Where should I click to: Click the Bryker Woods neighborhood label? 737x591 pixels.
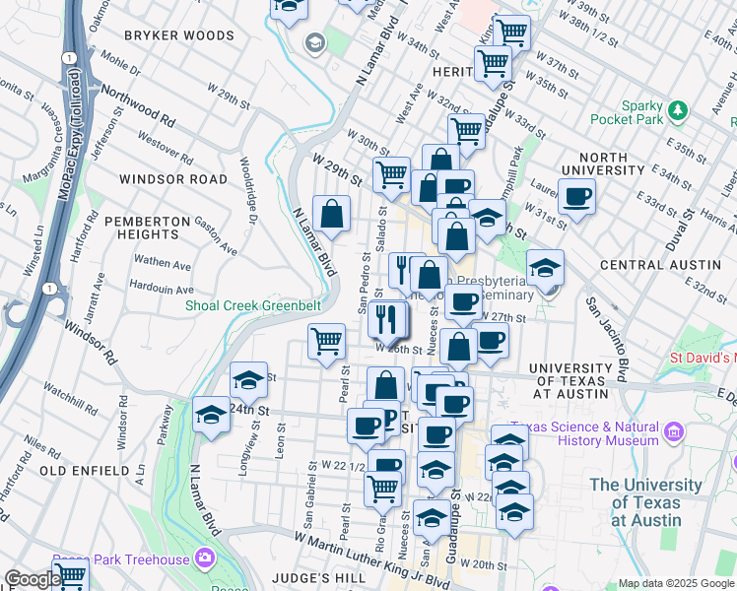pos(180,35)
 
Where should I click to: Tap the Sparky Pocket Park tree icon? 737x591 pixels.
pos(677,108)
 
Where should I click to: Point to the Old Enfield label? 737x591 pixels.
pos(85,471)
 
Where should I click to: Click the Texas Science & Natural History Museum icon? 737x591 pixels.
pos(674,431)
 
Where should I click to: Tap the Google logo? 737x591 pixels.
pos(33,579)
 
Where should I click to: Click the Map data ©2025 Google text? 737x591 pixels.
pos(675,583)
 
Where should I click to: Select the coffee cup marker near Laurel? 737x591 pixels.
pos(576,197)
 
